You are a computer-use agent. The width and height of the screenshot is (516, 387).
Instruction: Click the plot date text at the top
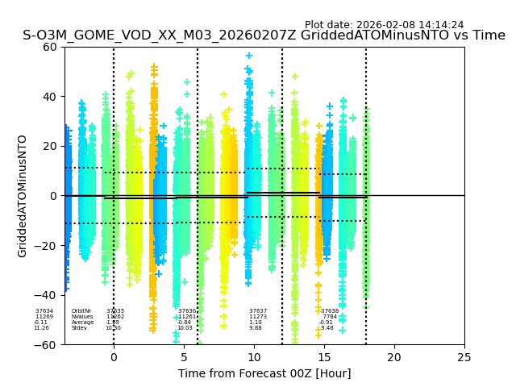[384, 25]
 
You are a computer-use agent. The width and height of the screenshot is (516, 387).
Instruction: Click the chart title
[264, 35]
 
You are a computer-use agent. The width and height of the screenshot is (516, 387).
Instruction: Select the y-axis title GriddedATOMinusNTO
[23, 196]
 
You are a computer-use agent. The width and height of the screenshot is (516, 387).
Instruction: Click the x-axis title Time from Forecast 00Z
[264, 373]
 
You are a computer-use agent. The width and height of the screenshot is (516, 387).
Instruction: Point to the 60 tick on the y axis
[50, 47]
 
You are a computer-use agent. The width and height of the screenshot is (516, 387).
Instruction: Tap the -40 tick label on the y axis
[46, 295]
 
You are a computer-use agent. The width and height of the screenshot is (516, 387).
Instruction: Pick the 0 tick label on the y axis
[54, 196]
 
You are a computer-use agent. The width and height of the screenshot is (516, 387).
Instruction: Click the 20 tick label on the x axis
[394, 357]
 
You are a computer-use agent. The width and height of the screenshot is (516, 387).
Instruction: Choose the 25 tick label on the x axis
[464, 357]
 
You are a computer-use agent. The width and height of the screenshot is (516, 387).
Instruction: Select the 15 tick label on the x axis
[324, 357]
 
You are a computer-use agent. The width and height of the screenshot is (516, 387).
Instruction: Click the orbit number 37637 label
[258, 311]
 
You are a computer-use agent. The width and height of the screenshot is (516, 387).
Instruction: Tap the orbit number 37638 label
[330, 311]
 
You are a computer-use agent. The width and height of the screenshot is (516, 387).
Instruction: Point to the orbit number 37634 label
[44, 311]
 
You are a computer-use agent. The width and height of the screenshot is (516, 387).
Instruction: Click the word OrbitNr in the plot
[81, 311]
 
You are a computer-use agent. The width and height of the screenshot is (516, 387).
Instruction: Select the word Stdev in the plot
[79, 328]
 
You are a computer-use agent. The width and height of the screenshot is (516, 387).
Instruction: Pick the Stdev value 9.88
[256, 328]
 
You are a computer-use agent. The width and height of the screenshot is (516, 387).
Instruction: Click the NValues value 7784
[330, 317]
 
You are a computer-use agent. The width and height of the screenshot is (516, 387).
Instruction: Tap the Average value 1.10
[256, 322]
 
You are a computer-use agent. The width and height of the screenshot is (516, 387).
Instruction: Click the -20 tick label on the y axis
[46, 246]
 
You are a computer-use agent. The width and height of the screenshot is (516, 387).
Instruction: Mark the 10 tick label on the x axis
[254, 357]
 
